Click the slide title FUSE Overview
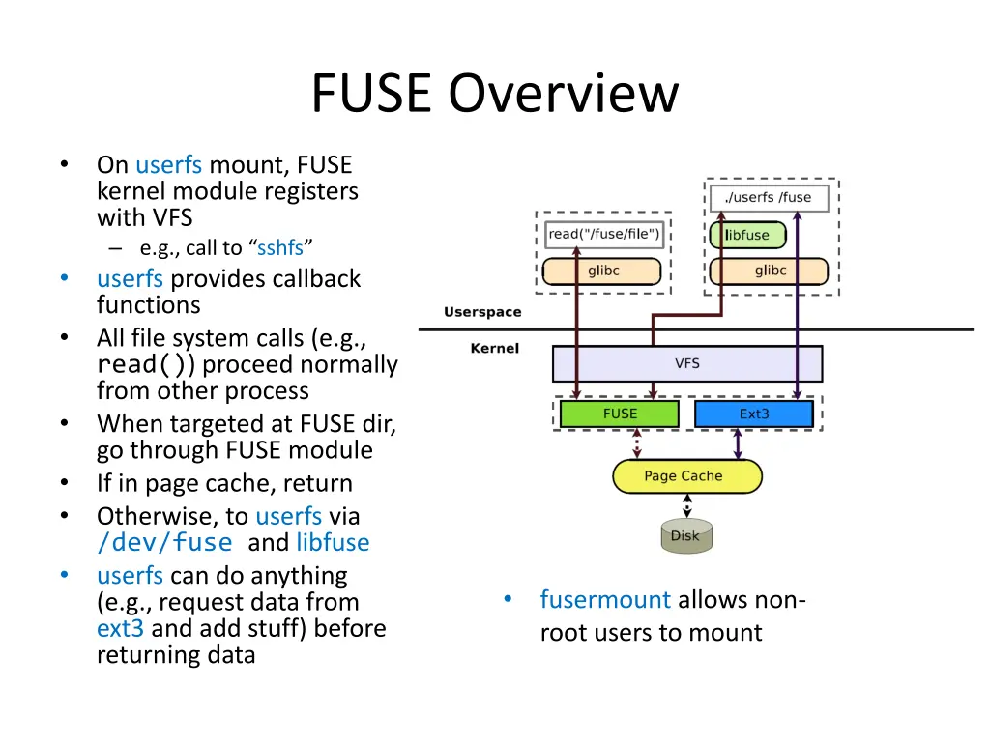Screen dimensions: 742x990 tap(495, 95)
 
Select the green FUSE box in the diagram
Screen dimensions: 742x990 tap(620, 414)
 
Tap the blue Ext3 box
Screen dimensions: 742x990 tap(753, 414)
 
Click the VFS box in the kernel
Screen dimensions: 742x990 tap(686, 363)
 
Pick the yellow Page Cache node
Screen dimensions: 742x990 tap(686, 476)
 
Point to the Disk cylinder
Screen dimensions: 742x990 tap(686, 536)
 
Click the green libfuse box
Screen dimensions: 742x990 tap(747, 235)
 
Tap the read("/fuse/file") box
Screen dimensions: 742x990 tap(604, 234)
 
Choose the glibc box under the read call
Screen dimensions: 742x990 tap(602, 271)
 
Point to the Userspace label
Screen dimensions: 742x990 tap(482, 312)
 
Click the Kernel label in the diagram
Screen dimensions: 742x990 tap(494, 349)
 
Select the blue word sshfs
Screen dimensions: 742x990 tap(280, 248)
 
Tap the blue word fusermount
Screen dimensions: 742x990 tap(605, 600)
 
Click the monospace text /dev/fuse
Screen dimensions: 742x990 tap(164, 543)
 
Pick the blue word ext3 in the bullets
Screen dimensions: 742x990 tap(120, 628)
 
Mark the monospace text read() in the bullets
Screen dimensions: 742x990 tap(146, 365)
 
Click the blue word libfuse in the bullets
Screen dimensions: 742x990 tap(333, 543)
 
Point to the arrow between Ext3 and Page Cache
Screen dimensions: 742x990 tap(738, 443)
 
